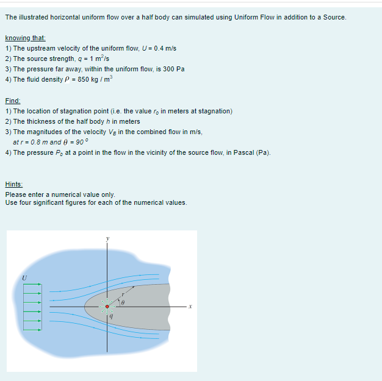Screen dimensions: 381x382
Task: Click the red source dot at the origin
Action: pyautogui.click(x=108, y=307)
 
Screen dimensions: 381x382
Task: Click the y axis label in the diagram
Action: pyautogui.click(x=108, y=238)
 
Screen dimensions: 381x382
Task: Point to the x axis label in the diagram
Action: pyautogui.click(x=190, y=307)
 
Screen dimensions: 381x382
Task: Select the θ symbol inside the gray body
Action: pyautogui.click(x=122, y=302)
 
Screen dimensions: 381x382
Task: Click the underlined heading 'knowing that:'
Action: pyautogui.click(x=21, y=38)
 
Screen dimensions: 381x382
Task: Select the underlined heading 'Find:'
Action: pyautogui.click(x=12, y=101)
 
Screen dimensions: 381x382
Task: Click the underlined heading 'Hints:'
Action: pyautogui.click(x=14, y=184)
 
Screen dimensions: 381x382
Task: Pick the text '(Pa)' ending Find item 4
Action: pyautogui.click(x=263, y=152)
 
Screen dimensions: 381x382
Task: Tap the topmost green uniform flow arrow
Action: pyautogui.click(x=32, y=283)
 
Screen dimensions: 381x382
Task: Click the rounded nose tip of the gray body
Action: pyautogui.click(x=85, y=307)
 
